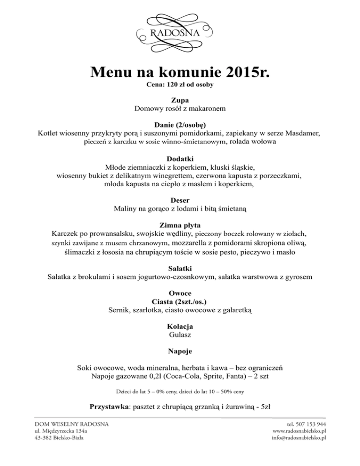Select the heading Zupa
(180, 100)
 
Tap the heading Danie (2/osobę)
(180, 125)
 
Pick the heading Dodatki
(180, 158)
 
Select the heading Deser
(180, 200)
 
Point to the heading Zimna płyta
(180, 225)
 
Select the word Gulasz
(180, 335)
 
